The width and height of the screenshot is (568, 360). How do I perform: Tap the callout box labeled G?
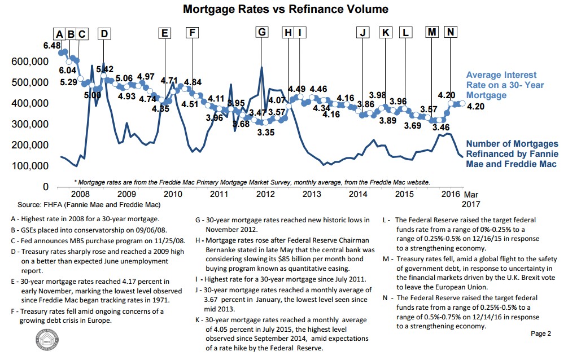click(x=261, y=33)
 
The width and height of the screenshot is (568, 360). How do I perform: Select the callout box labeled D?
click(x=104, y=33)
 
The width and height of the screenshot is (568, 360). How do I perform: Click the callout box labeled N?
click(x=450, y=32)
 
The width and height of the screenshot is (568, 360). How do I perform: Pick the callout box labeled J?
click(x=363, y=33)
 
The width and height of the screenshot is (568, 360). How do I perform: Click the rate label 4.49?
click(x=296, y=89)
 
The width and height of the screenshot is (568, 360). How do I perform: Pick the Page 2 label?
click(x=540, y=333)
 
